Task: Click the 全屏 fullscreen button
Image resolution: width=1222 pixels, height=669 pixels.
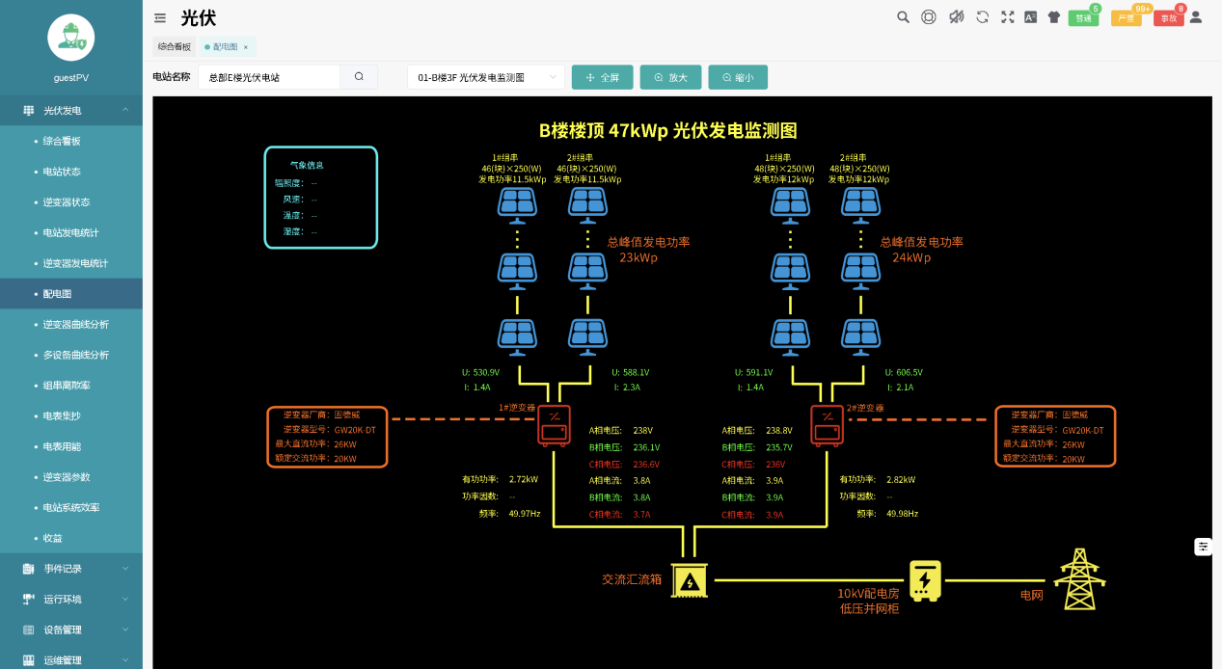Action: (602, 77)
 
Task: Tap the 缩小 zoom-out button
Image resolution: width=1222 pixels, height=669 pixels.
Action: (737, 77)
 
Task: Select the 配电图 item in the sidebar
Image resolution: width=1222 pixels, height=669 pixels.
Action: (58, 294)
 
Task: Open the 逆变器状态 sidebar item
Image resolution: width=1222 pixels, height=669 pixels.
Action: (67, 202)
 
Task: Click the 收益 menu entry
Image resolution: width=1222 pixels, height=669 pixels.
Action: (52, 538)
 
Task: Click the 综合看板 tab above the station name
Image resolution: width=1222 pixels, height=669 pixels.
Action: (175, 46)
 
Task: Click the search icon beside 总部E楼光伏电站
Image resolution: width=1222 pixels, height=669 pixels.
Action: (359, 77)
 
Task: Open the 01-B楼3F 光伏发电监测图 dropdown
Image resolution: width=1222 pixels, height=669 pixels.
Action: (485, 77)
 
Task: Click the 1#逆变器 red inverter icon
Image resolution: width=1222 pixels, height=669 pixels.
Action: (554, 425)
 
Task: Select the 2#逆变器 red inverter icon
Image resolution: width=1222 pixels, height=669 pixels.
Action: (827, 425)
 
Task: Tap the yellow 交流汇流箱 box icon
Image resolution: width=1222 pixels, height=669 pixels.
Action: (689, 580)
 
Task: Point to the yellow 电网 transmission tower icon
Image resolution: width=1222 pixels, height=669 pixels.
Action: (1079, 579)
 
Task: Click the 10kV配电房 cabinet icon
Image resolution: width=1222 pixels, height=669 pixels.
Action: (925, 580)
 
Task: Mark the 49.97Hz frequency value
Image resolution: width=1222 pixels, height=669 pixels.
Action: (525, 514)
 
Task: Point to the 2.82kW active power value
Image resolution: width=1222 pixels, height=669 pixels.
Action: (901, 479)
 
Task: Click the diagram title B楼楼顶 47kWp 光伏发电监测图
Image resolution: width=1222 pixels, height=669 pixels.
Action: (667, 131)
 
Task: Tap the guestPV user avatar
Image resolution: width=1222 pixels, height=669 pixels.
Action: (71, 38)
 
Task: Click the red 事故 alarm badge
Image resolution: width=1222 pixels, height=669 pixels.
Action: (1168, 17)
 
